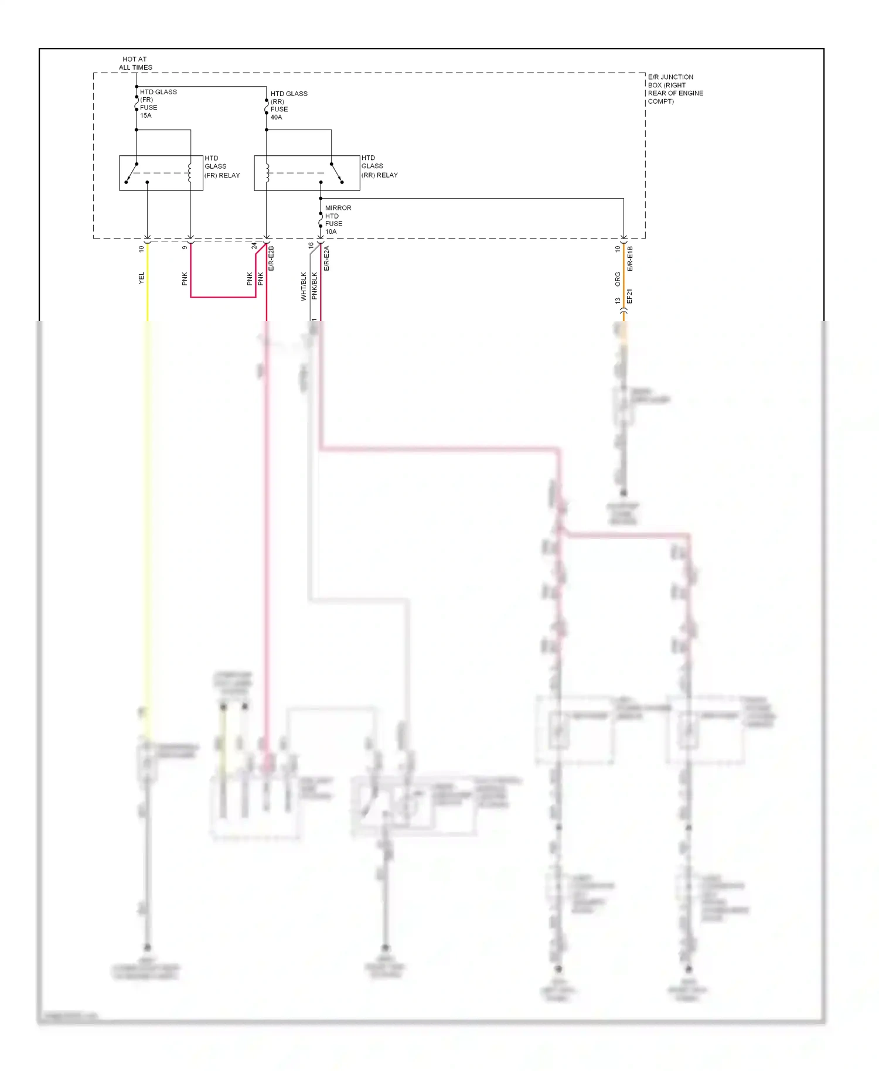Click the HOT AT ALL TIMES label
pos(135,63)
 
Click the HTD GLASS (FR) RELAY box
pos(161,173)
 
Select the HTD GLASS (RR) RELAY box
pos(306,173)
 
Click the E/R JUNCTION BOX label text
pos(674,89)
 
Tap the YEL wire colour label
pos(141,278)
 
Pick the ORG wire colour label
pos(618,279)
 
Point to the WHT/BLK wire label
pos(304,286)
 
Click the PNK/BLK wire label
pos(315,286)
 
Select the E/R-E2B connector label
pos(271,258)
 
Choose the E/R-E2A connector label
pos(327,258)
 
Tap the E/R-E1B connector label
pos(631,258)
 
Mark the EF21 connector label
pos(630,296)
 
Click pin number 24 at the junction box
pos(254,246)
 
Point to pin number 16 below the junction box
pos(311,245)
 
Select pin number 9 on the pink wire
pos(185,247)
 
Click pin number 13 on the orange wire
pos(618,301)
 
